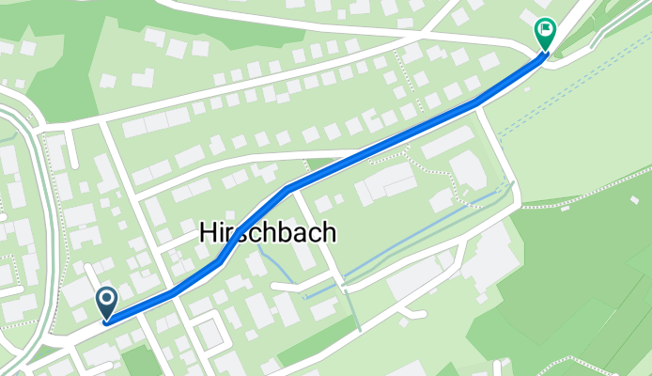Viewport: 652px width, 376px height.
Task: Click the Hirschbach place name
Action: pyautogui.click(x=267, y=236)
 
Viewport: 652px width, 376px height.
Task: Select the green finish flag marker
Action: pyautogui.click(x=544, y=34)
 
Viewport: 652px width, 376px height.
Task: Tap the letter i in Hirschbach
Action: pyautogui.click(x=222, y=235)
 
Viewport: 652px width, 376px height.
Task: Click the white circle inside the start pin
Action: pyautogui.click(x=106, y=300)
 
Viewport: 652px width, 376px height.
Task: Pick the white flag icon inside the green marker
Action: pyautogui.click(x=544, y=30)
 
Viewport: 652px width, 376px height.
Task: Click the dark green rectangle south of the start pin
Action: pyautogui.click(x=142, y=362)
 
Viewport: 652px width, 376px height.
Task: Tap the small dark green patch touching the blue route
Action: pyautogui.click(x=320, y=164)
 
